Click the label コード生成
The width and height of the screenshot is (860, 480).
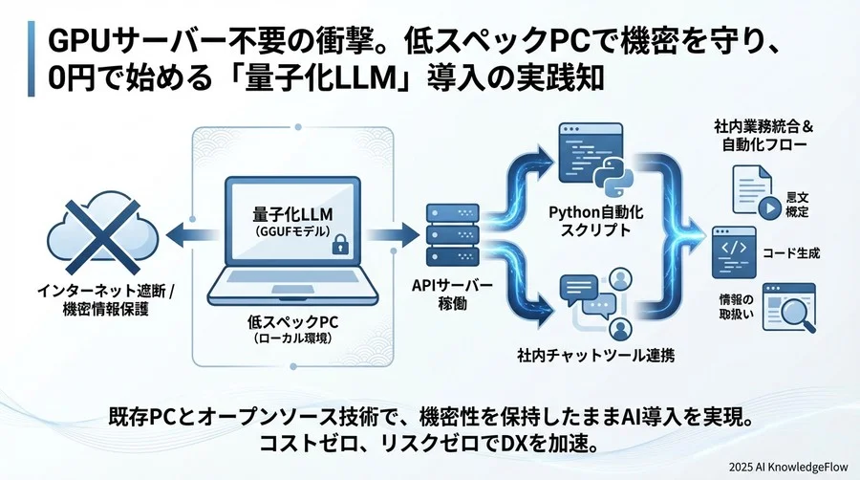pos(791,253)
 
